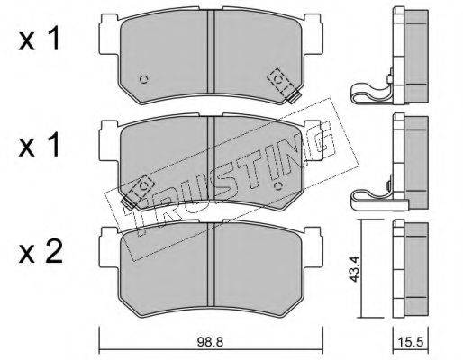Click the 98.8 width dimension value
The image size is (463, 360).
point(210,342)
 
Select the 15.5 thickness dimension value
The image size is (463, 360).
point(411,342)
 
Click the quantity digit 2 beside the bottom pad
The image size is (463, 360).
point(53,253)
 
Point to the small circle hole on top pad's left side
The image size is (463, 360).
point(144,79)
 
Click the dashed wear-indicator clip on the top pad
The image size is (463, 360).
point(284,85)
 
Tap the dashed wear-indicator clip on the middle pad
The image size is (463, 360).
point(138,192)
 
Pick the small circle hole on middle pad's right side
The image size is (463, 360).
point(278,186)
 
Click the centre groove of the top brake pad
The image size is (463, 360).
point(211,51)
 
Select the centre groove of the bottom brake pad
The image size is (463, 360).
point(211,264)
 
